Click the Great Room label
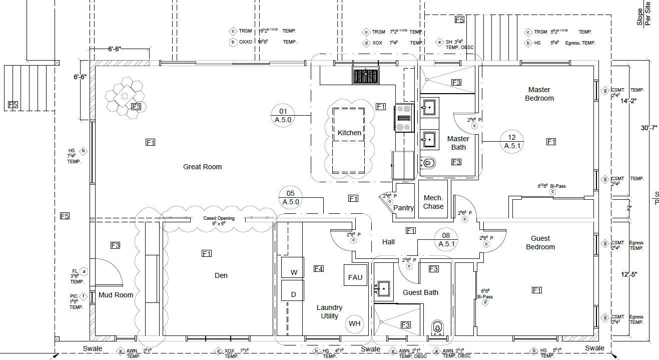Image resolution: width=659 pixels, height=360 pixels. pyautogui.click(x=202, y=167)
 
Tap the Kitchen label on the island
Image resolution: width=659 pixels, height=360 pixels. pyautogui.click(x=349, y=133)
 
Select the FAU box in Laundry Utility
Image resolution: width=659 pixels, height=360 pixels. pyautogui.click(x=355, y=277)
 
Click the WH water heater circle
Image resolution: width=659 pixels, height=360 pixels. pyautogui.click(x=355, y=323)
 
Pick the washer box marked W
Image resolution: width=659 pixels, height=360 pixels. pyautogui.click(x=294, y=272)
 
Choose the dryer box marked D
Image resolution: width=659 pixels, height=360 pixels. pyautogui.click(x=294, y=294)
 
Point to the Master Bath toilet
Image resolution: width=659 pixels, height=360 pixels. pyautogui.click(x=428, y=163)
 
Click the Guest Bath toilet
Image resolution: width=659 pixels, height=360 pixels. pyautogui.click(x=437, y=328)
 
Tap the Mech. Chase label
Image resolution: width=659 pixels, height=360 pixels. pyautogui.click(x=433, y=202)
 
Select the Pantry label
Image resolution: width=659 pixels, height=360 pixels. pyautogui.click(x=403, y=208)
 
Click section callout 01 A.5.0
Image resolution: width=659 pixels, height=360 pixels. pyautogui.click(x=283, y=115)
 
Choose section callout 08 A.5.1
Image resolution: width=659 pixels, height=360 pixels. pyautogui.click(x=446, y=239)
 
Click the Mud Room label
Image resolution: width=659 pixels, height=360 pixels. pyautogui.click(x=116, y=295)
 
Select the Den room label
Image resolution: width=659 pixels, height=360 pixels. pyautogui.click(x=221, y=275)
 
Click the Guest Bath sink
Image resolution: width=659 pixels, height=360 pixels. pyautogui.click(x=383, y=288)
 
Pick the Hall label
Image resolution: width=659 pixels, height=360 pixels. pyautogui.click(x=388, y=242)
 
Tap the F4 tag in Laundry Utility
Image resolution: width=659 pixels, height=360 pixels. pyautogui.click(x=318, y=269)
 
